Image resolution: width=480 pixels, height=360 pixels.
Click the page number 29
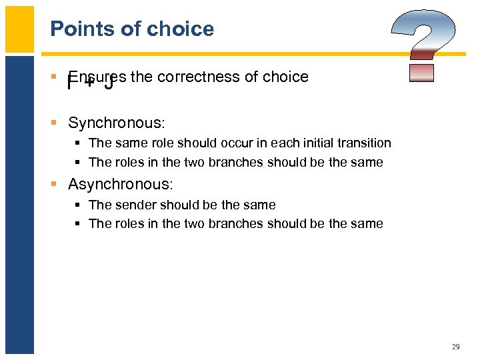click(x=456, y=347)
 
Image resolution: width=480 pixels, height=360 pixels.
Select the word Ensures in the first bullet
click(x=97, y=77)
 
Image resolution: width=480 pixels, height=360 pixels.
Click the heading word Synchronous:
click(x=116, y=123)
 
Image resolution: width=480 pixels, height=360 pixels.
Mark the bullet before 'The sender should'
click(x=79, y=205)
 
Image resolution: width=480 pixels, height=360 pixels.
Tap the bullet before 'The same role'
click(x=79, y=143)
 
